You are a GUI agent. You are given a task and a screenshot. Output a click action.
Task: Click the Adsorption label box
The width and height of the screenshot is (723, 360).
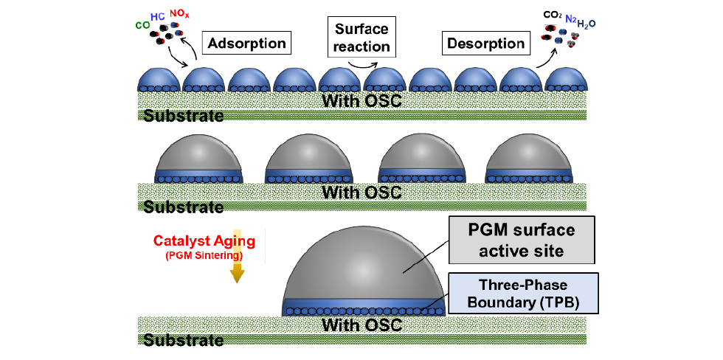tap(247, 44)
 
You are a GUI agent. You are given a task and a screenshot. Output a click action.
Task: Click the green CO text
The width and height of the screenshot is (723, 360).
tap(143, 25)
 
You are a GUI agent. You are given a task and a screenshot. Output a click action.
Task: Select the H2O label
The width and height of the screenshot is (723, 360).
tap(587, 24)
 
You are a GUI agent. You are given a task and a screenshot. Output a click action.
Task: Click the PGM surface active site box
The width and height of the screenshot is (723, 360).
tap(520, 240)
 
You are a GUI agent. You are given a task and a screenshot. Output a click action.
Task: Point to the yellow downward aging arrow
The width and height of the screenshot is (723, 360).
tap(237, 266)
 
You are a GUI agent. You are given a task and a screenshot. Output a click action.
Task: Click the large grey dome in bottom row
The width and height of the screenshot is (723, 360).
tap(365, 266)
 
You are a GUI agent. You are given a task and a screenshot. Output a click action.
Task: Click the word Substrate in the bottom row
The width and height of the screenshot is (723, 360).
tap(184, 340)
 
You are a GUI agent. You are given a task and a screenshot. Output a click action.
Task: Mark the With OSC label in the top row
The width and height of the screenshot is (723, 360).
tap(361, 100)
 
